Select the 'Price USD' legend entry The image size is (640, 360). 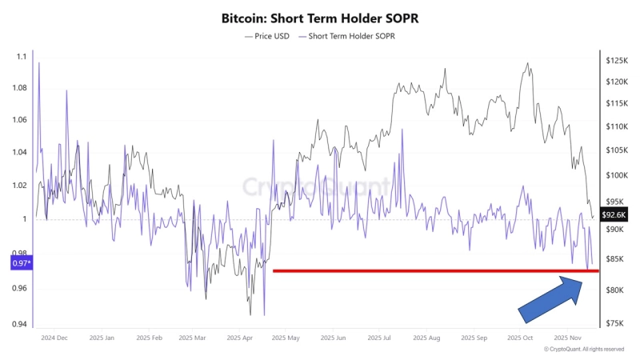tap(268, 36)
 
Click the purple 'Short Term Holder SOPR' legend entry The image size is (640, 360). tap(349, 36)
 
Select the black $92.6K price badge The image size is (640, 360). tap(614, 214)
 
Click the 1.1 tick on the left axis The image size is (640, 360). tap(21, 57)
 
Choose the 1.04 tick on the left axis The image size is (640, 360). tap(21, 152)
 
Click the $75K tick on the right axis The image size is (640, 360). tap(616, 324)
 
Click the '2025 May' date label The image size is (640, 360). tap(287, 338)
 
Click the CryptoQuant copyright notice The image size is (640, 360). tap(583, 350)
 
